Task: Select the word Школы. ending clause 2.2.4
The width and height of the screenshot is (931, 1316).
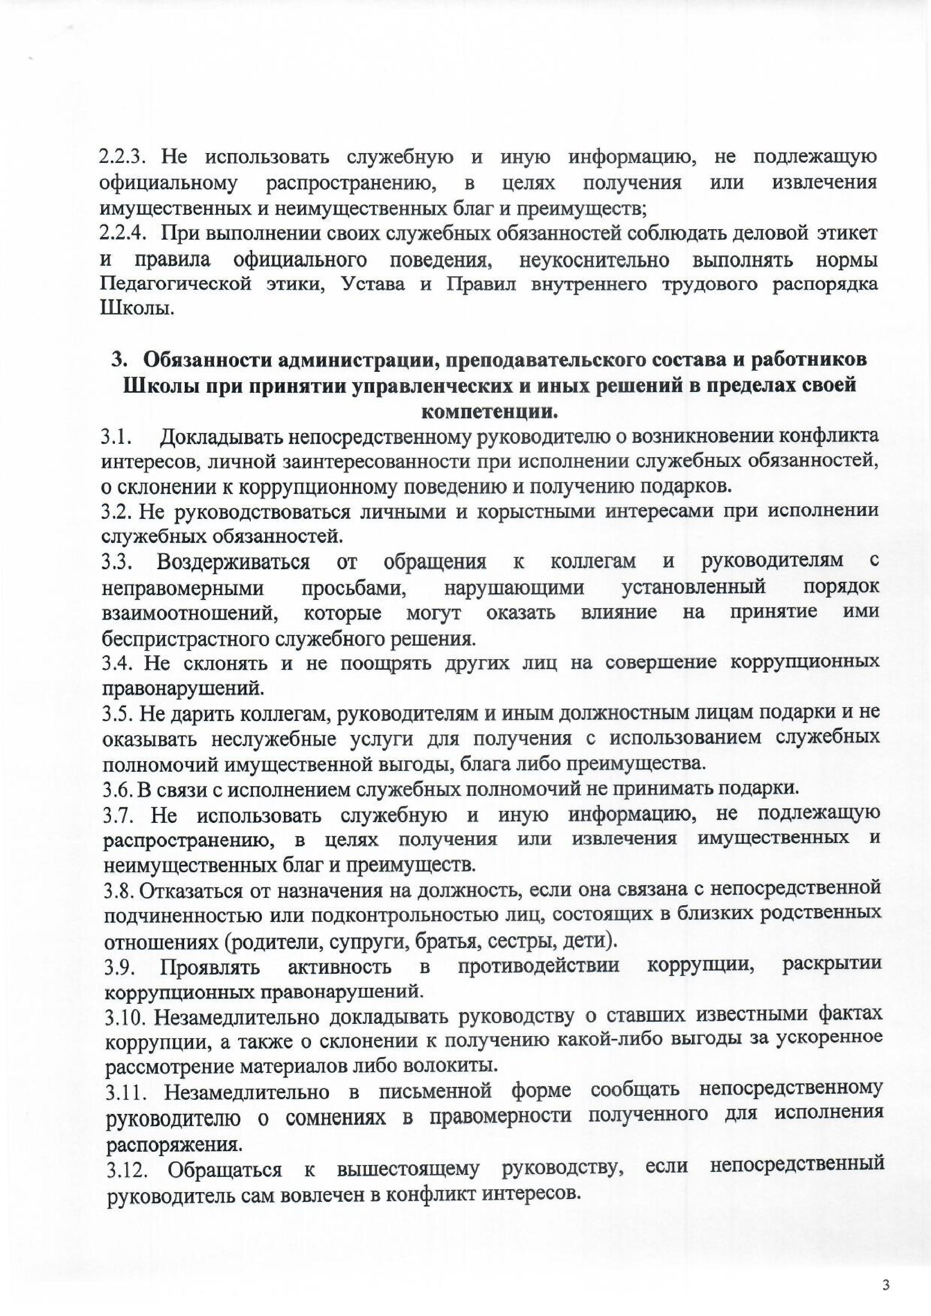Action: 136,310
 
